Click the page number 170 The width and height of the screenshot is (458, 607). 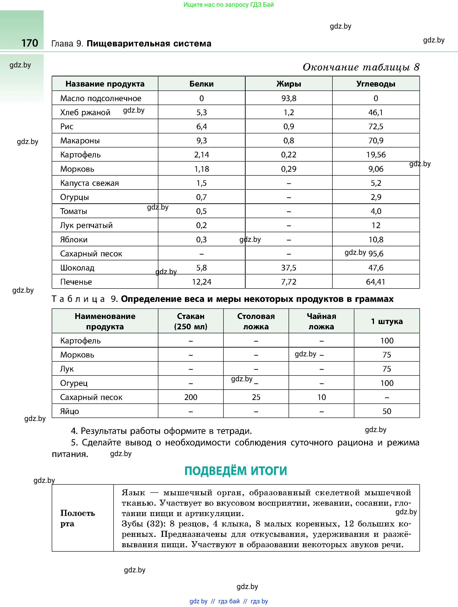30,43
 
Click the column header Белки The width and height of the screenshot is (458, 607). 202,84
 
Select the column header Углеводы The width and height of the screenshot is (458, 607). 376,84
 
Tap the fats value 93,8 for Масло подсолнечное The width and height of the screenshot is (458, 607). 289,98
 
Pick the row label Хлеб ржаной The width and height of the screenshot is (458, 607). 85,112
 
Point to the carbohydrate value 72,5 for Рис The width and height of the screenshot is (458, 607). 376,126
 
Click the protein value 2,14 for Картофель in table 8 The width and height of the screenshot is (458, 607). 202,155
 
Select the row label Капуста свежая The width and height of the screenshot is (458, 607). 90,183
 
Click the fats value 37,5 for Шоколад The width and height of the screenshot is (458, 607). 289,268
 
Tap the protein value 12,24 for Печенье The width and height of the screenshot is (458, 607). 202,282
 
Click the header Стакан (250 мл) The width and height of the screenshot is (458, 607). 191,321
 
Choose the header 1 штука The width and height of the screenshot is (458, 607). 387,321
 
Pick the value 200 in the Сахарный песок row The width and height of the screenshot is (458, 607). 191,397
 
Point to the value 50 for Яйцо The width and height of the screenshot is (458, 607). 387,411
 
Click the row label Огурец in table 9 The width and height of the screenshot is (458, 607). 74,383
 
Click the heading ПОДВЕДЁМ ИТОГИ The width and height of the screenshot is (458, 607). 235,471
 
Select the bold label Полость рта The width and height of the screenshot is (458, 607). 77,518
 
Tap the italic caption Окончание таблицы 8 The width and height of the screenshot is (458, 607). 361,67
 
